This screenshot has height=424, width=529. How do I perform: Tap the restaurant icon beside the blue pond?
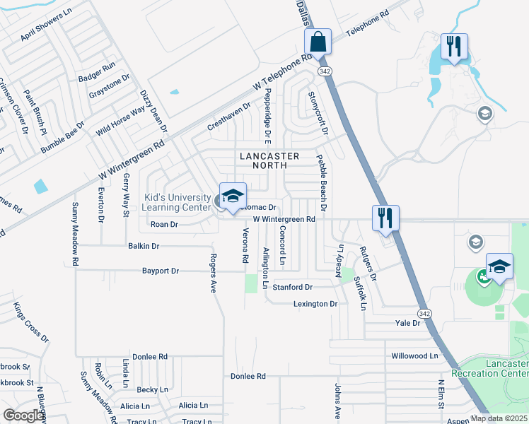coord(453,47)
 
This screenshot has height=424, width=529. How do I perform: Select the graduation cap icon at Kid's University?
coord(232,197)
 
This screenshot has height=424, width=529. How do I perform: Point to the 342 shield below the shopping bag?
coord(324,71)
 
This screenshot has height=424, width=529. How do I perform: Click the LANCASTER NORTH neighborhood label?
coord(269,160)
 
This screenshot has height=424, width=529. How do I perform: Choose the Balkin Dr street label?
coord(144,246)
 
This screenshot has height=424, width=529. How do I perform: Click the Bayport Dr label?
coord(161,271)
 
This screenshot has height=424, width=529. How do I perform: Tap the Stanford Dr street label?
coord(293,288)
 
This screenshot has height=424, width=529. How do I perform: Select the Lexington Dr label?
coord(315,304)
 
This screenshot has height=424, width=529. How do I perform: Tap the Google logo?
coord(23,416)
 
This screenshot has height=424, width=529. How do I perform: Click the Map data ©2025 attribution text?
coord(498,418)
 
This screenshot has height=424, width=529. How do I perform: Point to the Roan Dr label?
coord(164,224)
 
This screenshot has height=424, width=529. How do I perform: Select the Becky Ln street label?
coord(152,389)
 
